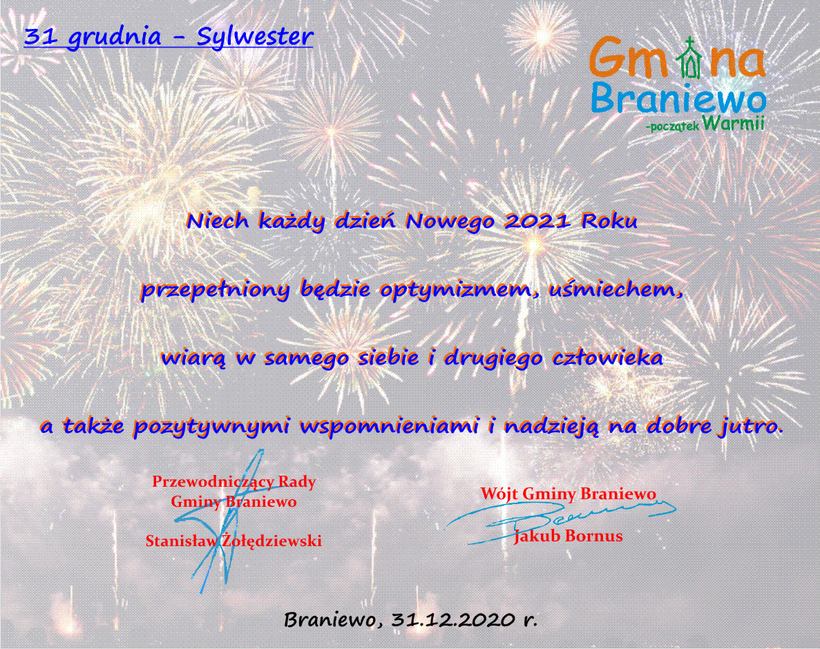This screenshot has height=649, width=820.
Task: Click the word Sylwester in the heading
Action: [255, 37]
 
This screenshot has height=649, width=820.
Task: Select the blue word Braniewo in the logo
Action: [679, 98]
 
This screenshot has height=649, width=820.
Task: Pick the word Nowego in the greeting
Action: [450, 222]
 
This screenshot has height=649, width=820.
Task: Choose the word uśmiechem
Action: [616, 289]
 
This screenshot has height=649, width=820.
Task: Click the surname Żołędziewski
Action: [271, 541]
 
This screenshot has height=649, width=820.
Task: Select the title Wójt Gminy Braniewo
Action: [569, 494]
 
